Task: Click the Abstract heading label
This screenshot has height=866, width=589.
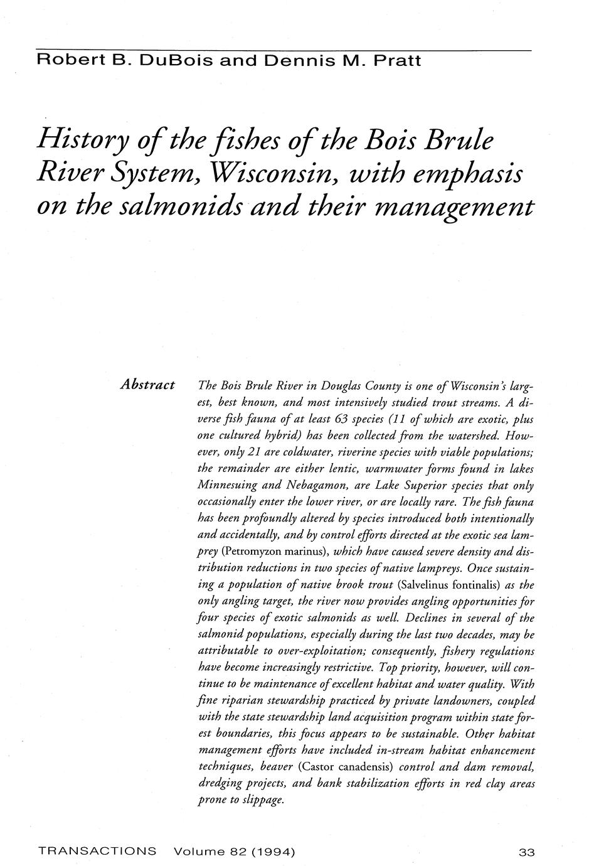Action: click(147, 384)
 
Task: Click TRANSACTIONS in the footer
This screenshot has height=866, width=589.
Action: click(97, 852)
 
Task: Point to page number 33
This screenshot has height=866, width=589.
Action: click(526, 852)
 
